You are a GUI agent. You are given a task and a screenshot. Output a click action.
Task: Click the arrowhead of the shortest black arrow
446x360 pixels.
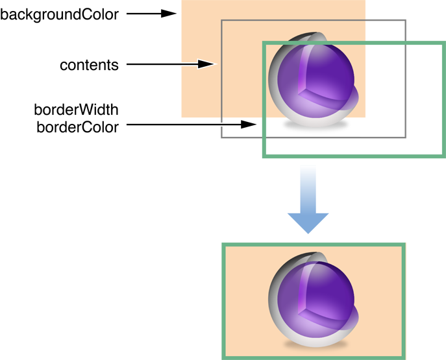coord(170,13)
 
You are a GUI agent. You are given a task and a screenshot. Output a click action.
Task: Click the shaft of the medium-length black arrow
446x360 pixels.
coord(162,64)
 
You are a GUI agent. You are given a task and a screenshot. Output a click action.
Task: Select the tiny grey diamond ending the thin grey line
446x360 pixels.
coord(221,120)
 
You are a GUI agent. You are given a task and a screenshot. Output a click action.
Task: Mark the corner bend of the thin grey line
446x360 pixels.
coord(222,20)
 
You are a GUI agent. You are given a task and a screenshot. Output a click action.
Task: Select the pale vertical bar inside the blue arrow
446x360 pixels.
coord(309,188)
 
